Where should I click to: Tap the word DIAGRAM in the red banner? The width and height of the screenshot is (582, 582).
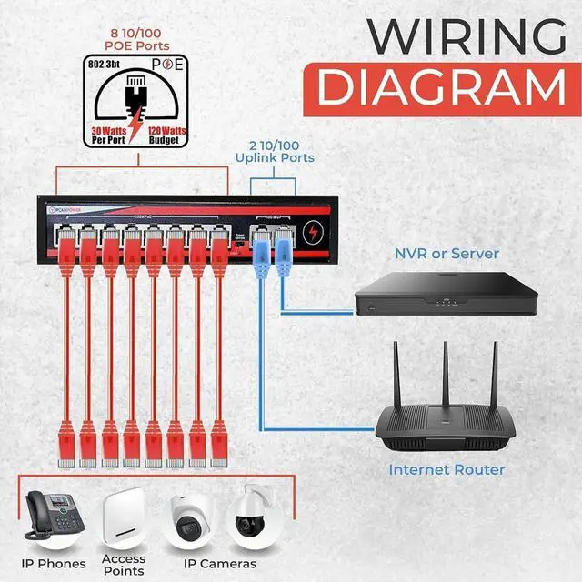click(x=441, y=89)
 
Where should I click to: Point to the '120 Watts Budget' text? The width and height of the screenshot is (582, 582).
click(x=167, y=135)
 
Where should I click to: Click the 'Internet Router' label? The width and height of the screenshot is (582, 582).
click(x=447, y=470)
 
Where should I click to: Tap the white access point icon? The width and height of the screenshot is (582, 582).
click(x=124, y=517)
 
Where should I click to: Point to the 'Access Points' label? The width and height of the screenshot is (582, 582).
click(x=124, y=565)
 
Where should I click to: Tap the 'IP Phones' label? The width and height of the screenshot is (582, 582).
click(x=53, y=565)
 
